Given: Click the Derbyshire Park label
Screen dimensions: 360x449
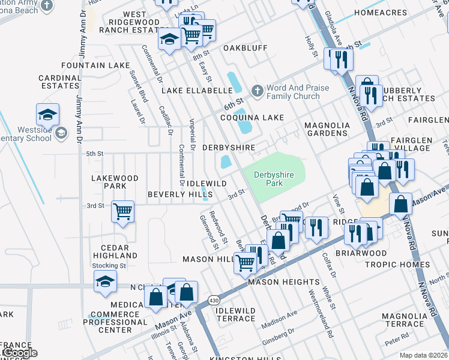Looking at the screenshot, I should [x=276, y=179].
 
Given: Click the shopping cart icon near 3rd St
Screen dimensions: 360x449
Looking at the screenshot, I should [x=122, y=211].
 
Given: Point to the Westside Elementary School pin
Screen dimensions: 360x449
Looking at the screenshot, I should [x=60, y=133].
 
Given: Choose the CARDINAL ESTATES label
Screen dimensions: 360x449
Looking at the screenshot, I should [x=59, y=82].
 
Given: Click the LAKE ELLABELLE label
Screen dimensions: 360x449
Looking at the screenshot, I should [x=197, y=91].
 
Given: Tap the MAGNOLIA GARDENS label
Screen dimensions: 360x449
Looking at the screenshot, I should [x=327, y=129].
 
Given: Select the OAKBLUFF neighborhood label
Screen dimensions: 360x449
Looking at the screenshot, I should [x=245, y=48].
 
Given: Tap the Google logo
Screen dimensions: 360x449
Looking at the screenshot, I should [x=19, y=353].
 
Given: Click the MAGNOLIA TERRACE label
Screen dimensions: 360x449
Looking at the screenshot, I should [x=406, y=320].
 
